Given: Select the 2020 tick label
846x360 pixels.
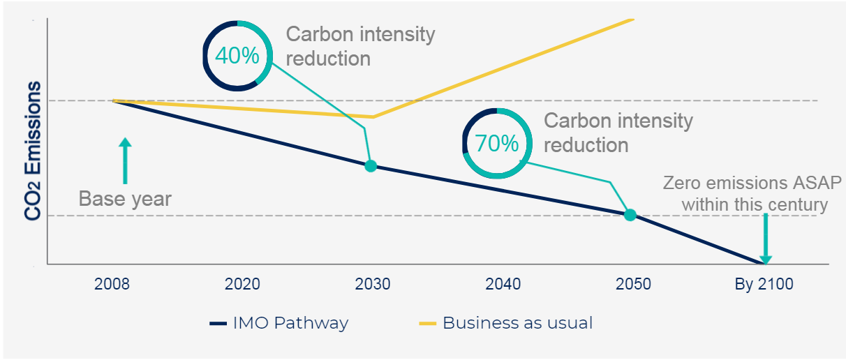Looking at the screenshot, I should pos(243,285).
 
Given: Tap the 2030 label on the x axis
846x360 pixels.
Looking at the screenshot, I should pos(372,285).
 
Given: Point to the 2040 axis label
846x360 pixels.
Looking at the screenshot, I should pos(503,285).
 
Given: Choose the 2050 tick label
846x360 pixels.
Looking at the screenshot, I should pos(633,285).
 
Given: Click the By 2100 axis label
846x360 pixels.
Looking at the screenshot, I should pos(764,285).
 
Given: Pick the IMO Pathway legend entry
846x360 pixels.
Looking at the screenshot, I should pos(279,323).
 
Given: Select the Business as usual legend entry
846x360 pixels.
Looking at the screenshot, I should pos(505,323).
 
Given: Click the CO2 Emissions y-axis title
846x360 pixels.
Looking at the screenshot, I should pos(33,151).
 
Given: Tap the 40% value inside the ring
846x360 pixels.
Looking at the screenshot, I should pos(237,55).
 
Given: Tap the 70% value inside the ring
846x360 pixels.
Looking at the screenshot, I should pos(497,144).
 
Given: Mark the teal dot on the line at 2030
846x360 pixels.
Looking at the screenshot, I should pos(371,166).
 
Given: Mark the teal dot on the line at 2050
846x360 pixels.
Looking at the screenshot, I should pos(630,215).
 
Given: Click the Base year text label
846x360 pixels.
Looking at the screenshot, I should pos(125,199).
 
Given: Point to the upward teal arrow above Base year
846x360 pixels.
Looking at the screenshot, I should pos(125,159).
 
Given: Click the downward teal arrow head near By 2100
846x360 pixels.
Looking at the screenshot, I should pos(765,259).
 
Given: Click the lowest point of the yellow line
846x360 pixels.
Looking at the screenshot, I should pos(373,117).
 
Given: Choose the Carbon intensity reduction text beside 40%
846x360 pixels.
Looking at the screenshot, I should pos(360,46).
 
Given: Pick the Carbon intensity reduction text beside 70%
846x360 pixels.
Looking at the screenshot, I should pos(618,133).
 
